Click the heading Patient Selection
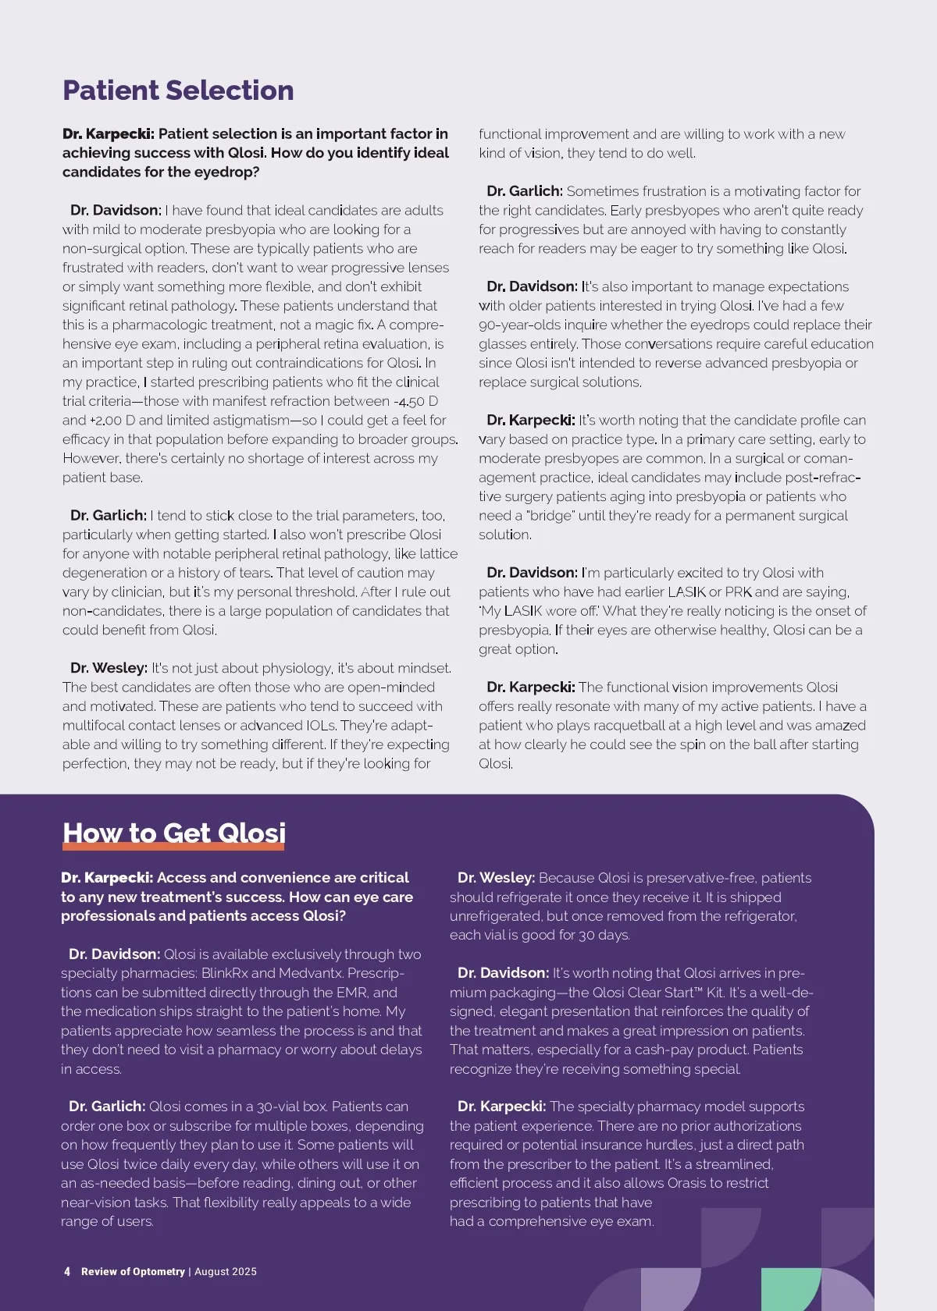coord(178,91)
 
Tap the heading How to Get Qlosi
coord(174,833)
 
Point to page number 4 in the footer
coord(67,1271)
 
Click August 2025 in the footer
coord(225,1271)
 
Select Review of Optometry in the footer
coord(133,1271)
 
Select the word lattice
coord(439,553)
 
